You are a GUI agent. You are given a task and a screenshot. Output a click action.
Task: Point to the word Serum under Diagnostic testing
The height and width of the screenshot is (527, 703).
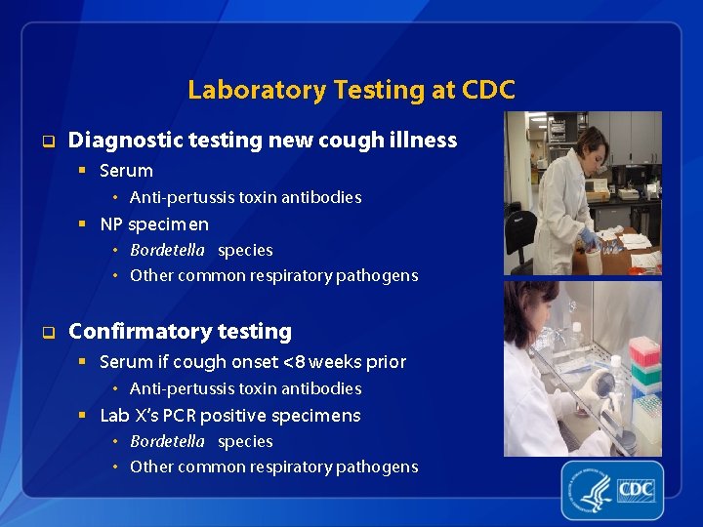point(126,171)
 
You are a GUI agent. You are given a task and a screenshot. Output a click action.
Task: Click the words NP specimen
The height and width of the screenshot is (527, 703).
point(154,224)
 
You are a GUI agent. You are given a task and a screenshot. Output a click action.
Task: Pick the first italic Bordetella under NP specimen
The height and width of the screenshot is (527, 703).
point(167,250)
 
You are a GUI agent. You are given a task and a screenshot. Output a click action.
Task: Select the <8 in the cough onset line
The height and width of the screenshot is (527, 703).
point(294,362)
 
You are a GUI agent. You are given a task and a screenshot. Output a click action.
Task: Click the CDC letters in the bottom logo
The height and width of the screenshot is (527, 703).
point(637,488)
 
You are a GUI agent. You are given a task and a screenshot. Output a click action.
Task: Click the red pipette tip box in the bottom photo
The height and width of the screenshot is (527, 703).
point(644,351)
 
